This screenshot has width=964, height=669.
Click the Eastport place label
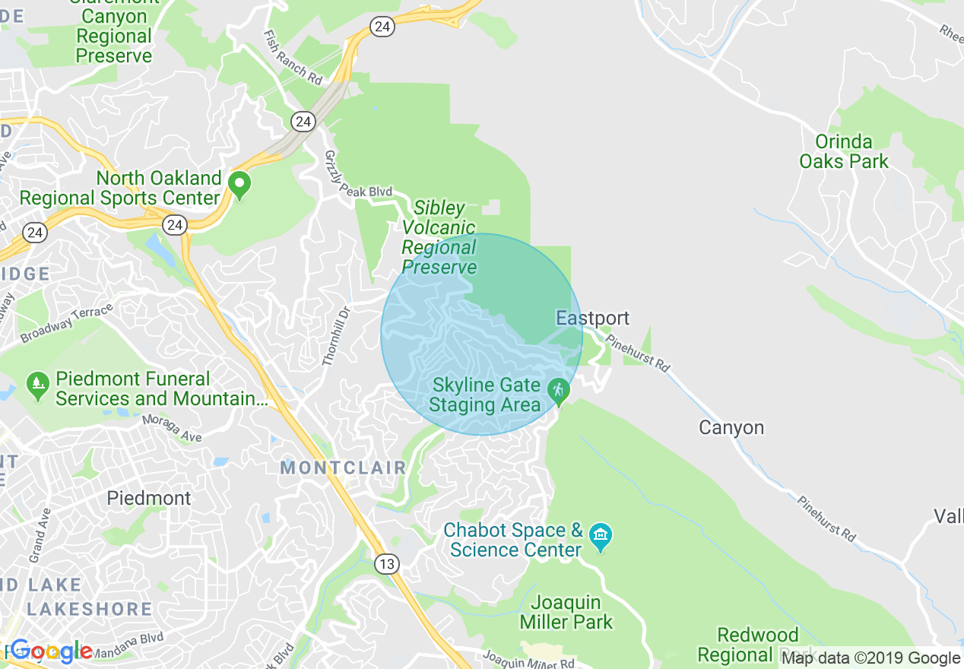(592, 318)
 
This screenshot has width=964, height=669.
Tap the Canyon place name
(731, 427)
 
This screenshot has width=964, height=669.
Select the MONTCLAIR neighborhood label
(344, 468)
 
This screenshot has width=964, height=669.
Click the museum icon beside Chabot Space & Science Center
(601, 534)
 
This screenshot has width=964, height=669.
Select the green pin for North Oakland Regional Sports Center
(240, 185)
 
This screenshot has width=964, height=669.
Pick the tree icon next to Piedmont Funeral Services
(36, 385)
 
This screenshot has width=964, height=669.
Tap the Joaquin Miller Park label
(566, 612)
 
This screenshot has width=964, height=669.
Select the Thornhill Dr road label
(338, 336)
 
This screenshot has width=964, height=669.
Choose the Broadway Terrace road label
(66, 323)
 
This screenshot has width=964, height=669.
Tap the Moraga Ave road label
(170, 428)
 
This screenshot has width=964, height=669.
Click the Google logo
(51, 651)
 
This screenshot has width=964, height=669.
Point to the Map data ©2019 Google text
(870, 658)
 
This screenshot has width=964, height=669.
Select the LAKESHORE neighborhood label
(90, 609)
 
